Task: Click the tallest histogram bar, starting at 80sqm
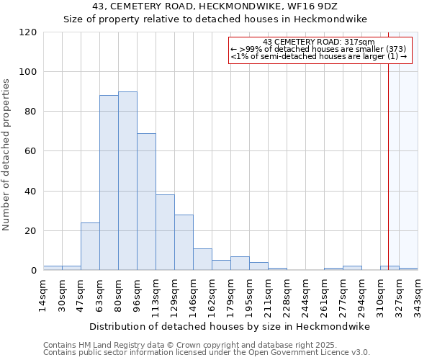[127, 181]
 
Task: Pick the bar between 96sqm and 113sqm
[146, 202]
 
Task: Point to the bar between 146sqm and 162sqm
[202, 259]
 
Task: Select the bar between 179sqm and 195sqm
[240, 264]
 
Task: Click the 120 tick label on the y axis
[28, 32]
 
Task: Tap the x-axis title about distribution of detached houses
[230, 326]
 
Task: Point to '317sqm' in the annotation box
[359, 42]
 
